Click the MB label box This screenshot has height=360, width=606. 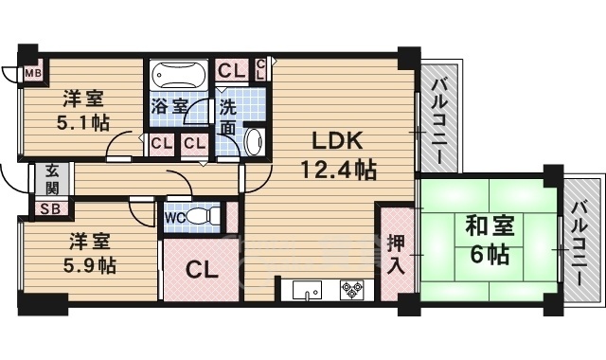(32, 72)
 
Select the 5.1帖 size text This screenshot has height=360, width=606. (83, 123)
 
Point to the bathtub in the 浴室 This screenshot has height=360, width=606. (178, 76)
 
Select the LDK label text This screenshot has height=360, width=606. (338, 141)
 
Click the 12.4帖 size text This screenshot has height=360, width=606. (338, 171)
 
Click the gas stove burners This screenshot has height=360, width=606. (352, 290)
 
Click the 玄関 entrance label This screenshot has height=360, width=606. (52, 179)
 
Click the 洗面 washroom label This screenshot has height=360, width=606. (230, 115)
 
